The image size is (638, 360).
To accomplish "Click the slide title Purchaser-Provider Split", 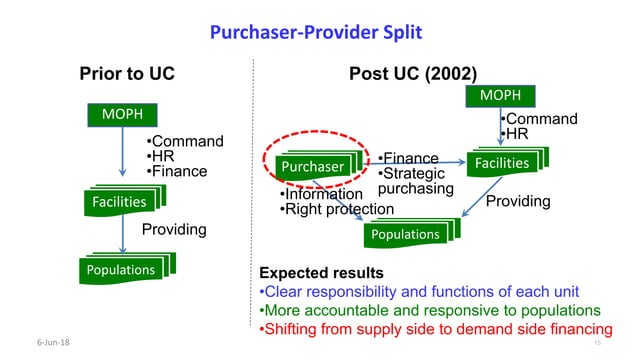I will [315, 33].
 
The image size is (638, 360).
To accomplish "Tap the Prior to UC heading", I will [127, 74].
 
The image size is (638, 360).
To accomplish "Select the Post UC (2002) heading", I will [412, 74].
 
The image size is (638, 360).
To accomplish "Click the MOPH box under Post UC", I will [501, 95].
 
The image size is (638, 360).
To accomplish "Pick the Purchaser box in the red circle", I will [311, 165].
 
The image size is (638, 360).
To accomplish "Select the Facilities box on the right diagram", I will [502, 162].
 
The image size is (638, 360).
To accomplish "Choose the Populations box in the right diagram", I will [405, 234].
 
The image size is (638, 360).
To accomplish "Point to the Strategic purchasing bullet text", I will [415, 181].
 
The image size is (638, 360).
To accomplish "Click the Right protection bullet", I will [336, 209].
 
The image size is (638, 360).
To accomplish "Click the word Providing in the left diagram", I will [174, 230].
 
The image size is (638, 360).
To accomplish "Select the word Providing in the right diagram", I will [517, 201].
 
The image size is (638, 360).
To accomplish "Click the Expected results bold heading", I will [321, 273].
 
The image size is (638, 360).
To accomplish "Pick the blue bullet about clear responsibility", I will [421, 292].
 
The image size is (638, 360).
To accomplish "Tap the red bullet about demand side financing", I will [434, 329].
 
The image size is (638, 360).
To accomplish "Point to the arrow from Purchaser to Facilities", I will [420, 160].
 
